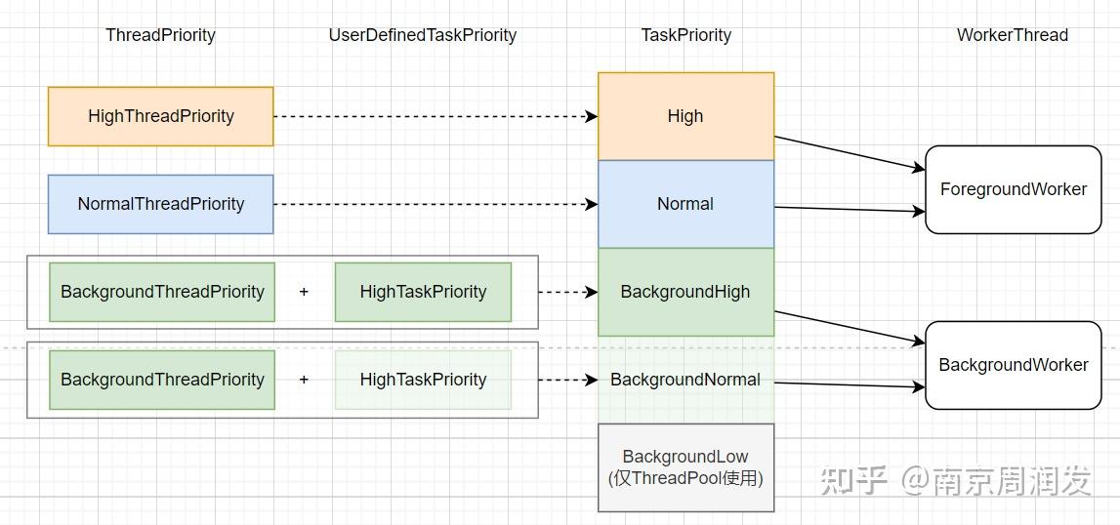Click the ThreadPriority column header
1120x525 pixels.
click(160, 35)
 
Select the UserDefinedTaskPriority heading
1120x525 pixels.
click(422, 35)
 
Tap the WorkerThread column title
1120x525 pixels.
click(1012, 35)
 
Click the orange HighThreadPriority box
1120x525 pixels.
click(160, 116)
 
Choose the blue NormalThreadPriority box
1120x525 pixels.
click(160, 204)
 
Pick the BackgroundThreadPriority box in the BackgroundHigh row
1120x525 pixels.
click(162, 292)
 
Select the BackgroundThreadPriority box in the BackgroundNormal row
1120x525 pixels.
click(162, 380)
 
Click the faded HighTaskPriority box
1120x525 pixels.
click(423, 380)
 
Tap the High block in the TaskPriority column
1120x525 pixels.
click(685, 116)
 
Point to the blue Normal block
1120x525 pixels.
click(685, 204)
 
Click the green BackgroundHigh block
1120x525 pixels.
click(685, 292)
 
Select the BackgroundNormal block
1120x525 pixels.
click(685, 380)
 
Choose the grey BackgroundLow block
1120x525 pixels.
click(685, 467)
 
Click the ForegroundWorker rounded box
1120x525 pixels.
click(1013, 189)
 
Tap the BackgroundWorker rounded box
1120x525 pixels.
click(1013, 365)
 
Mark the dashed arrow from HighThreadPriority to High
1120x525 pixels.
click(435, 116)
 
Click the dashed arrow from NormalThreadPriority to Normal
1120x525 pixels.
click(435, 204)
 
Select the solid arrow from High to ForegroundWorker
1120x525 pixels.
click(850, 153)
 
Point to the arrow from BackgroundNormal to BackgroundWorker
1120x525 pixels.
click(850, 385)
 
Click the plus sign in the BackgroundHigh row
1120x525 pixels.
click(304, 292)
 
